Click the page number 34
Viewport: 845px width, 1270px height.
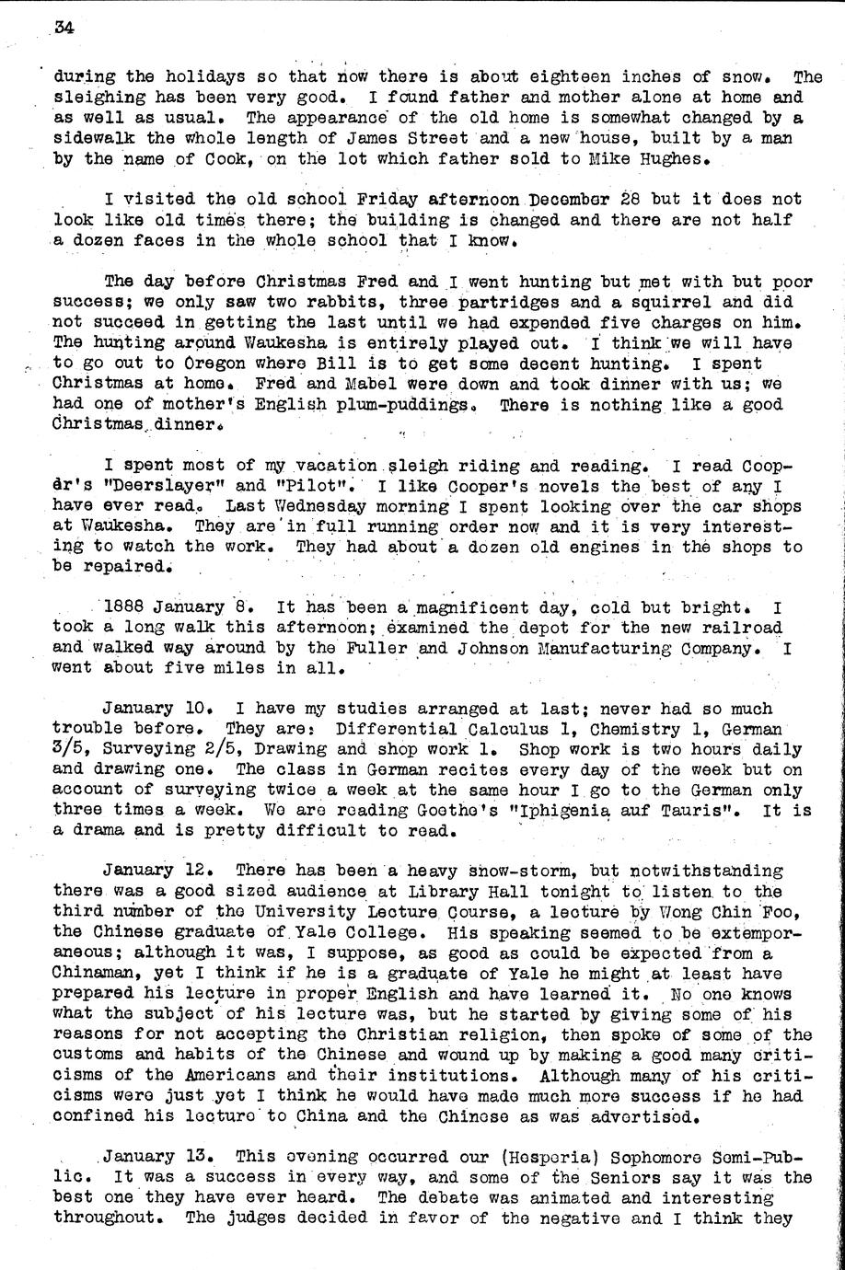coord(64,28)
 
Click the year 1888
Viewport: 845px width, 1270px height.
coord(126,608)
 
